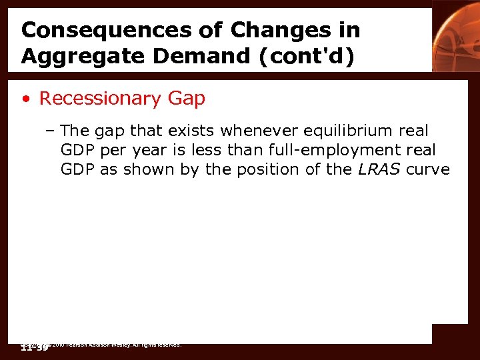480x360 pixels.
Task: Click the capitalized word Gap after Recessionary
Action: [187, 99]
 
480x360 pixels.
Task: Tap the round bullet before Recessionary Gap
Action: [25, 99]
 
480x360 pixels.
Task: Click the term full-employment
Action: [326, 150]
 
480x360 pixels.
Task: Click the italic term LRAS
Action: [378, 169]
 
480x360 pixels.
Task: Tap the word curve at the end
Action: [427, 169]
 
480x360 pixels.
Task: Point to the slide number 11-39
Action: [35, 347]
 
